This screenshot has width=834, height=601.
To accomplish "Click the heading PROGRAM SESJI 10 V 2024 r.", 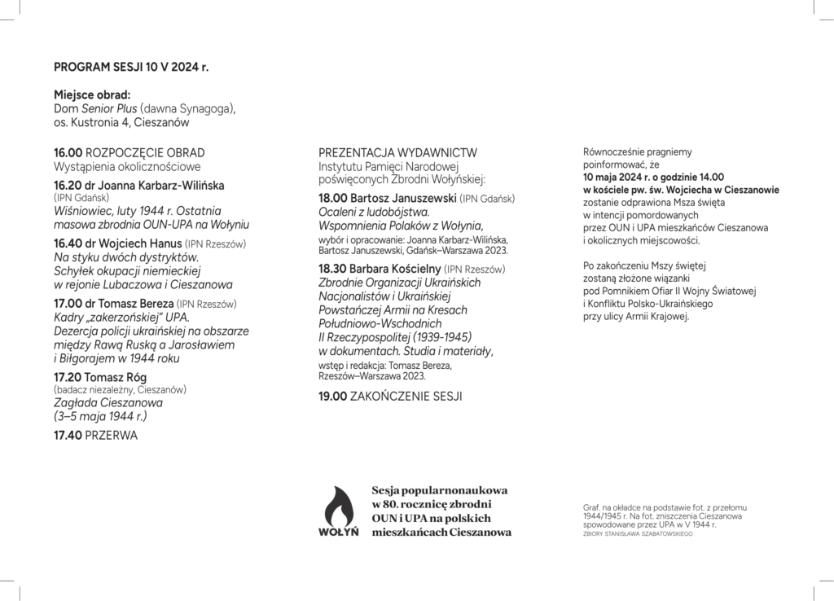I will [x=130, y=68].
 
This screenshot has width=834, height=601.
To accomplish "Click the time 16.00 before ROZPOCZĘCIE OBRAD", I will [x=68, y=152].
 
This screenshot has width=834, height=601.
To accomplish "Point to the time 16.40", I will [x=68, y=243].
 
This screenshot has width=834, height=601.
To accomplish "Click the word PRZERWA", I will [x=112, y=436].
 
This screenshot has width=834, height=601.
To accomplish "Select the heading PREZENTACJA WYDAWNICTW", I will [x=397, y=152].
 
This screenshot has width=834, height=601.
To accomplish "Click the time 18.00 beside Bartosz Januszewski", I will [x=333, y=198].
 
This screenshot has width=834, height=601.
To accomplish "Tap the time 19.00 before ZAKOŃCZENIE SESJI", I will [x=333, y=397].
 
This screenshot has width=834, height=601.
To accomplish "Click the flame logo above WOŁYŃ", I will [x=341, y=506].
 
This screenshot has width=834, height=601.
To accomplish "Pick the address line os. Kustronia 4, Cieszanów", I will [x=121, y=122].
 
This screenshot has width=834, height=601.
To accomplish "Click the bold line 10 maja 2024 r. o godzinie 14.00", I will [x=654, y=176].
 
